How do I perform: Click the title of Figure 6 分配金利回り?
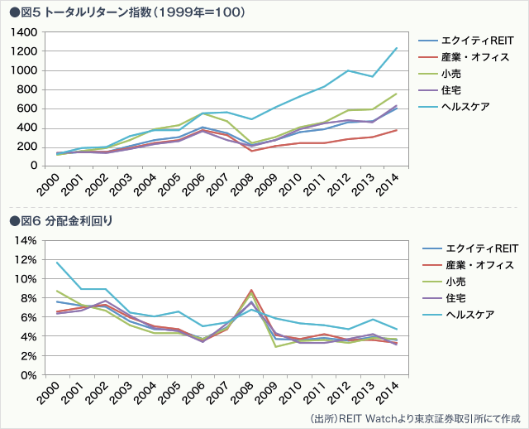coord(61,220)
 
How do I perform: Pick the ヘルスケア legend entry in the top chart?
coord(465,107)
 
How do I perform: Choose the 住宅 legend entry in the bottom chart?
coord(455,298)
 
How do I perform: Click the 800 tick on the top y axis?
coord(28,89)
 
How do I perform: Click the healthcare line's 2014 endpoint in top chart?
coord(397,48)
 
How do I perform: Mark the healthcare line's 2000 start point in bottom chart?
coord(56,263)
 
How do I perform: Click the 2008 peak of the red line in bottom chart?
coord(250,291)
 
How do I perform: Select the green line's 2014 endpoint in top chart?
coord(397,94)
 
